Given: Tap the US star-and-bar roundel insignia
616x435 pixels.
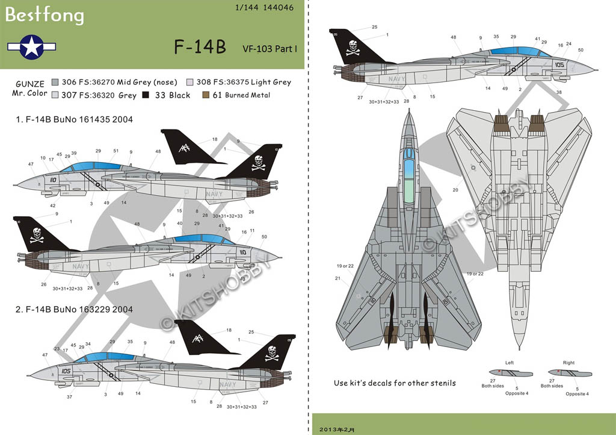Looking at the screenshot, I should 31,46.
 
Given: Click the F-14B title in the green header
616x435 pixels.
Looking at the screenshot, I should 200,48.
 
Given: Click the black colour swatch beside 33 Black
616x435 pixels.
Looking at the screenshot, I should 145,95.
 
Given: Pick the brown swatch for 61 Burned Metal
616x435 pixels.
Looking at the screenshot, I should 207,95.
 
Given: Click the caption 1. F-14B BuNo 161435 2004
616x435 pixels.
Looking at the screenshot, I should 75,119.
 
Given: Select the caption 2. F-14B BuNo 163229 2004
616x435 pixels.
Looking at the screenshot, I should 75,309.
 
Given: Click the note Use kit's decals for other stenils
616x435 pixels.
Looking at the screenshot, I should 395,383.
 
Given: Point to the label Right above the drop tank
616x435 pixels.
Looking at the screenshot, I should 568,363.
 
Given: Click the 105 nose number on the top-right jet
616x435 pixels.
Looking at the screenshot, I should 559,64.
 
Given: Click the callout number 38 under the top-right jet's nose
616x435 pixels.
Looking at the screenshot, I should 559,92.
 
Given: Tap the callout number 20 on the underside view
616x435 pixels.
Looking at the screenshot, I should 456,190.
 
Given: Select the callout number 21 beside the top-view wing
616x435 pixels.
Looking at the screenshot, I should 338,278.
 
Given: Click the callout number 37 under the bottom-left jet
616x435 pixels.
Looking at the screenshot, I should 70,396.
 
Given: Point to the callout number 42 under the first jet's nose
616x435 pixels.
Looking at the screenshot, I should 53,205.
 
